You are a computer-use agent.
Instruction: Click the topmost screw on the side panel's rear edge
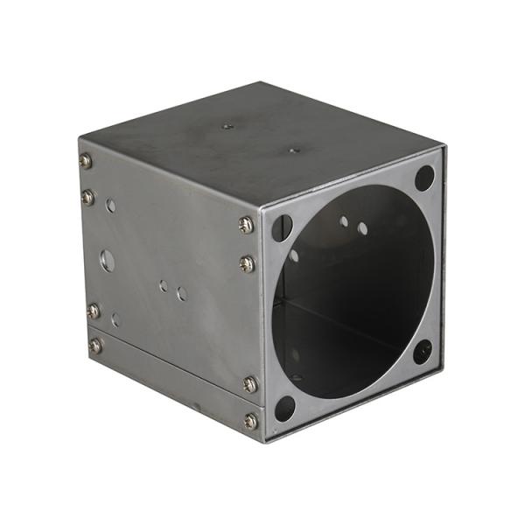(85, 161)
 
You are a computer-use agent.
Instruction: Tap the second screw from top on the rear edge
(87, 198)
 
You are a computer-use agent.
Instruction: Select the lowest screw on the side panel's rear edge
(95, 346)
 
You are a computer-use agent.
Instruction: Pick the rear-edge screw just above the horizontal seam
(94, 310)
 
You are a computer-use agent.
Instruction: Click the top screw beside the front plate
(246, 225)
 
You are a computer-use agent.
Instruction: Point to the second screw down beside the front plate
(248, 262)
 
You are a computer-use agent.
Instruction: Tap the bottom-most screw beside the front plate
(251, 421)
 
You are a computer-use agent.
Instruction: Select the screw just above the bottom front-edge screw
(250, 384)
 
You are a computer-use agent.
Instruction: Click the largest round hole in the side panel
(107, 260)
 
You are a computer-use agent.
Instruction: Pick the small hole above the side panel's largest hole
(110, 206)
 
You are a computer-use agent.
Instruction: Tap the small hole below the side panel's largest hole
(115, 320)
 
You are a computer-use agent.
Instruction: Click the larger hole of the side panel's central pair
(182, 294)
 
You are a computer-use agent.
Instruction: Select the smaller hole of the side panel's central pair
(164, 285)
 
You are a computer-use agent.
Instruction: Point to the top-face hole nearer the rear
(227, 126)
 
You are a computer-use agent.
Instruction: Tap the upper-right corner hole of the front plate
(424, 178)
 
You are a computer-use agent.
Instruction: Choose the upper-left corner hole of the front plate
(282, 227)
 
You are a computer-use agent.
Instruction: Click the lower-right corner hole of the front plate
(423, 352)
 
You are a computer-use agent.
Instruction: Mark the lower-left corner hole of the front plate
(285, 408)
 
